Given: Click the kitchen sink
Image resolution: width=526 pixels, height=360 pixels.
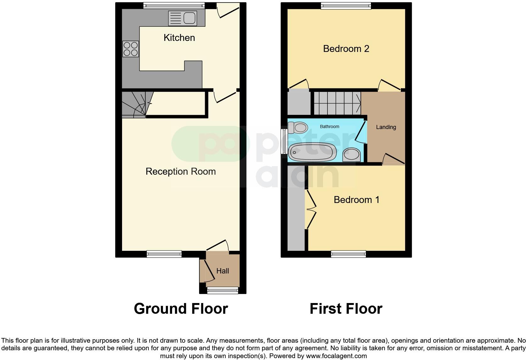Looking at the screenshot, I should pyautogui.click(x=183, y=18).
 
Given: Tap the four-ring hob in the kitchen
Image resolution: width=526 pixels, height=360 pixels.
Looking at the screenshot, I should pyautogui.click(x=131, y=49).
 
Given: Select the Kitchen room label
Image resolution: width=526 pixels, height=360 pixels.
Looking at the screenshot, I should pyautogui.click(x=179, y=38).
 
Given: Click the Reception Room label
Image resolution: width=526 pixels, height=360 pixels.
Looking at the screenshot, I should pyautogui.click(x=181, y=172).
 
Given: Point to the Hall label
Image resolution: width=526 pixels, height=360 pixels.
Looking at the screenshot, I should pyautogui.click(x=223, y=271).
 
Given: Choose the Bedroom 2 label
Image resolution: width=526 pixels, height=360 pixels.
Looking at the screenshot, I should pyautogui.click(x=346, y=49).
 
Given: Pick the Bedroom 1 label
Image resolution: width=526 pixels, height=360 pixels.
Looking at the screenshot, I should pyautogui.click(x=356, y=200).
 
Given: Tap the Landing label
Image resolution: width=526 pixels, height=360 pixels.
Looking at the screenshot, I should pyautogui.click(x=386, y=127).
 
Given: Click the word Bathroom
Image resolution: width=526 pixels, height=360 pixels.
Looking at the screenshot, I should pyautogui.click(x=329, y=127).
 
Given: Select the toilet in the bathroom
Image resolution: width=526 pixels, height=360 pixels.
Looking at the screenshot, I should pyautogui.click(x=298, y=127).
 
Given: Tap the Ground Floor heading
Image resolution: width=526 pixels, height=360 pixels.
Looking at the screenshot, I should pyautogui.click(x=181, y=309).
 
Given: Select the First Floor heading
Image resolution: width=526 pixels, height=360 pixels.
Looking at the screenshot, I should pyautogui.click(x=346, y=309).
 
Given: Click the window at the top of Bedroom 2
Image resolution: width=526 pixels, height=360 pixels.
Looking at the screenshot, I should pyautogui.click(x=346, y=6).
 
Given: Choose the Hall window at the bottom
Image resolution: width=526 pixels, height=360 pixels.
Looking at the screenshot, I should pyautogui.click(x=223, y=291).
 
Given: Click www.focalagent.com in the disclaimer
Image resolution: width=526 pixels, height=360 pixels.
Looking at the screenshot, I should pyautogui.click(x=336, y=356).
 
